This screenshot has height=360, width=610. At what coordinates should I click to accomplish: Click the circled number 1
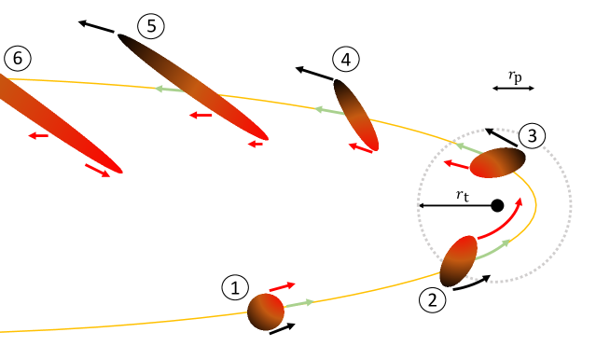[x=235, y=286]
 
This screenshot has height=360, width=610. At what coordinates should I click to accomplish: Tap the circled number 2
[x=431, y=299]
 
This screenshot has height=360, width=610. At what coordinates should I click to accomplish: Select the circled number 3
[x=532, y=136]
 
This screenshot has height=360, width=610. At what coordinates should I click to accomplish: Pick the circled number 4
[x=346, y=61]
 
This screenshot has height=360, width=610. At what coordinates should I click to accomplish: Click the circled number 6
[x=17, y=58]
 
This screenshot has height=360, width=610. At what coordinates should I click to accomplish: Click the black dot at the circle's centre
[x=497, y=204]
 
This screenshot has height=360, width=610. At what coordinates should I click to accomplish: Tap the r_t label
[x=464, y=194]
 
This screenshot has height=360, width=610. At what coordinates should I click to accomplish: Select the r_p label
[x=514, y=76]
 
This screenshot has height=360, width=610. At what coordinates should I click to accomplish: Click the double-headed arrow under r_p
[x=514, y=89]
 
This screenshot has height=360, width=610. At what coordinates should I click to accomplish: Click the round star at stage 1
[x=265, y=311]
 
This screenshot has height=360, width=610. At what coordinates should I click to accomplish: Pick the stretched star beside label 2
[x=458, y=260]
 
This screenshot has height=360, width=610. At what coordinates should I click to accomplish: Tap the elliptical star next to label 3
[x=497, y=162]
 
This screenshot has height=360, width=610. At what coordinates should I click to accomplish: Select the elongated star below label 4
[x=355, y=114]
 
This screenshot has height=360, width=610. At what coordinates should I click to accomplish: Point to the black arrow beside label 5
[x=96, y=25]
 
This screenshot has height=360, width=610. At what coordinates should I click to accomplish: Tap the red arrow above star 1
[x=282, y=285]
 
